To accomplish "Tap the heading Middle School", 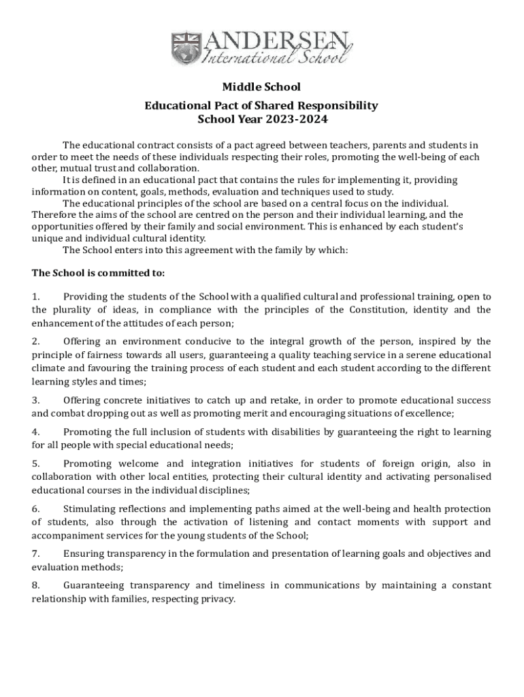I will (261, 87).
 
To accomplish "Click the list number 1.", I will (36, 297).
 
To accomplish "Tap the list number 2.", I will (36, 341).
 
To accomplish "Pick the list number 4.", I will (36, 432).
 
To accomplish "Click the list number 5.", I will (36, 464).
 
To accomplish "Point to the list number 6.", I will (36, 508).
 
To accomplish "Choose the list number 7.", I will (36, 553).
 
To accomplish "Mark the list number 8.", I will (36, 585).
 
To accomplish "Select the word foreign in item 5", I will (382, 464).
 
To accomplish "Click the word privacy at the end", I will (216, 599).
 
